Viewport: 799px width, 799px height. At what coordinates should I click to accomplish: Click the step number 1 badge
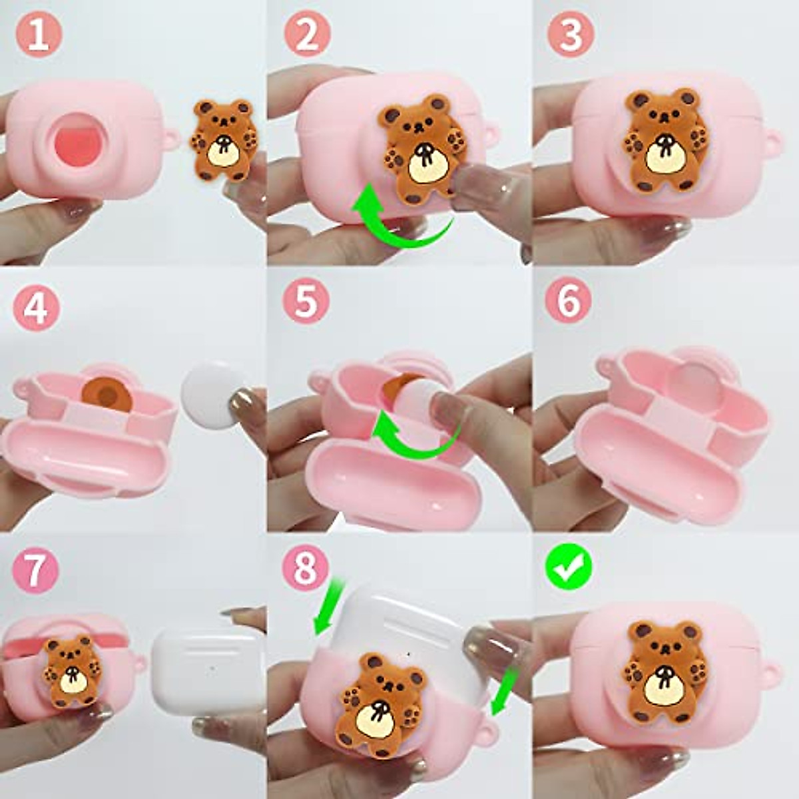click(x=39, y=35)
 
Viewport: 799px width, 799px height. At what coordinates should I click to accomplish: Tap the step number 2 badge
click(x=307, y=35)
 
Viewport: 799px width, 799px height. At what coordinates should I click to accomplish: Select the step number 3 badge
click(x=571, y=35)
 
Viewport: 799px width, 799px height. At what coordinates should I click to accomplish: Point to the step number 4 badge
click(x=37, y=308)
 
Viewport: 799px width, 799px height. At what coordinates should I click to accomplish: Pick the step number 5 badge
click(x=307, y=301)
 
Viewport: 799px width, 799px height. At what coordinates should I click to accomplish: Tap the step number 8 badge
click(x=306, y=567)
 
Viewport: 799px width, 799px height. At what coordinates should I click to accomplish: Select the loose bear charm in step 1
click(x=222, y=138)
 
